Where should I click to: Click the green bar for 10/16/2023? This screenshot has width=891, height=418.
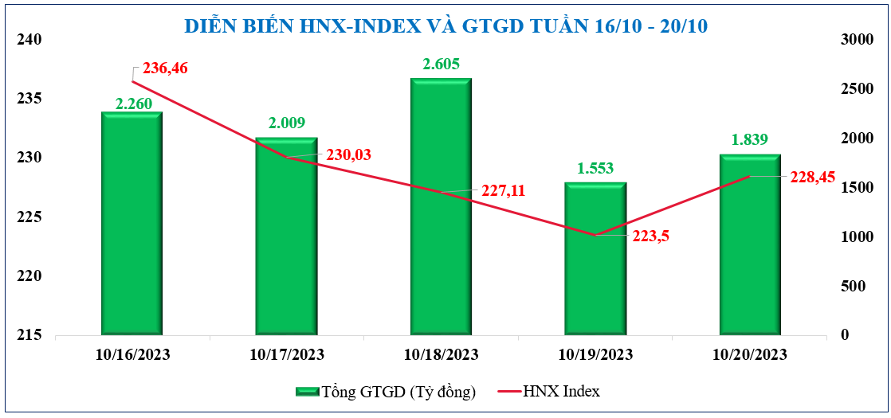[131, 223]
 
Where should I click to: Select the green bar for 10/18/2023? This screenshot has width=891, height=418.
[441, 207]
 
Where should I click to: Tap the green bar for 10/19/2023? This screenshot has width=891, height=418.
[595, 259]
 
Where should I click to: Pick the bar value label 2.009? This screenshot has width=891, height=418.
[286, 123]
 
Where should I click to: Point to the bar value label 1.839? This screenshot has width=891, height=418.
[750, 140]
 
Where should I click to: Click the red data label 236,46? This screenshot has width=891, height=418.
[165, 69]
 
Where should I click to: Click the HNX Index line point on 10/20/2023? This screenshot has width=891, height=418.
[750, 177]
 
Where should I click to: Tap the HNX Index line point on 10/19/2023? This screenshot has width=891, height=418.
[595, 235]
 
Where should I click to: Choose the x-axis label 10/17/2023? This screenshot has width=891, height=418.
[286, 354]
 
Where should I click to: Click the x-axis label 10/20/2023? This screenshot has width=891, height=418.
[750, 354]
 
